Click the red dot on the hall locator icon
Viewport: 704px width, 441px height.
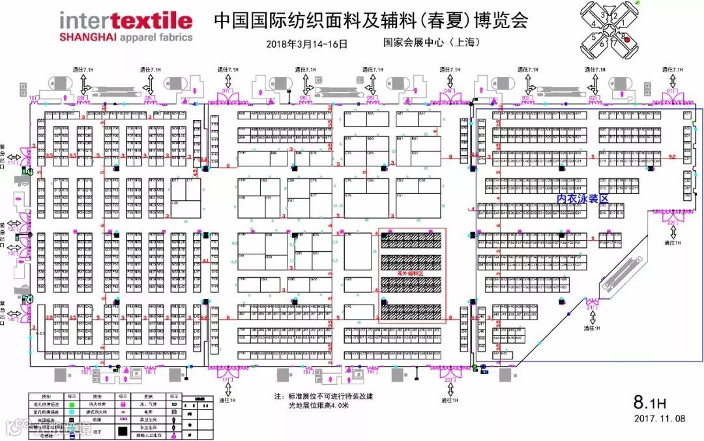627,39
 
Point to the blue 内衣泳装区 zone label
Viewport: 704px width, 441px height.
581,198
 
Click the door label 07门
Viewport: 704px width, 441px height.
226,91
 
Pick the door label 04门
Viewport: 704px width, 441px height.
448,91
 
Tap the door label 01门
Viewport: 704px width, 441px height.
672,91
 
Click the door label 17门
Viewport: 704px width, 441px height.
227,378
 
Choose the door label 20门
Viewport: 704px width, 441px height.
448,378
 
